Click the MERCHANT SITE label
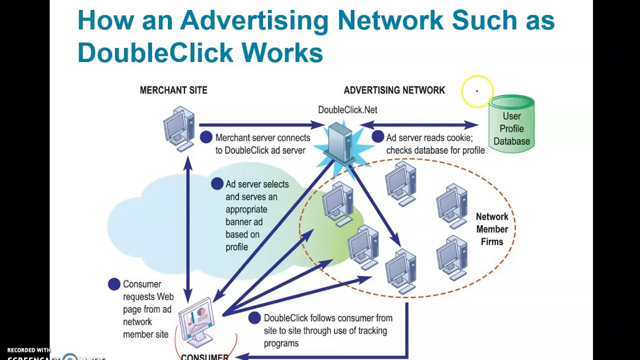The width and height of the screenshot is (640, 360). [173, 90]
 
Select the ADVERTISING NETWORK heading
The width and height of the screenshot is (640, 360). [394, 90]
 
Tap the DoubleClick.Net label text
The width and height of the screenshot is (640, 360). [347, 110]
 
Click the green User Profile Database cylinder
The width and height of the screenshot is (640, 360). [511, 124]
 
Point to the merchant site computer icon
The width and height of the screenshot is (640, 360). [179, 128]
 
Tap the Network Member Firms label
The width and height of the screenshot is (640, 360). [492, 229]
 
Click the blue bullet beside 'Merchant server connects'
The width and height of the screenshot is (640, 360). [206, 137]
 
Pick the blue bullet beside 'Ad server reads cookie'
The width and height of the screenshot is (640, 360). [378, 137]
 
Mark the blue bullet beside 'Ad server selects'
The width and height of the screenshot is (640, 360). [217, 184]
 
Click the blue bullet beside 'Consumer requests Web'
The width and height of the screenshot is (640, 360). [114, 284]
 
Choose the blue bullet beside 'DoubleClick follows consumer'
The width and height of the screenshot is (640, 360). [254, 317]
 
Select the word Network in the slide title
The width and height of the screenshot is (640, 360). [390, 20]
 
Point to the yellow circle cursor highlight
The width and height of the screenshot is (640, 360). [477, 91]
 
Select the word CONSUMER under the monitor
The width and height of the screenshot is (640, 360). [204, 357]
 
